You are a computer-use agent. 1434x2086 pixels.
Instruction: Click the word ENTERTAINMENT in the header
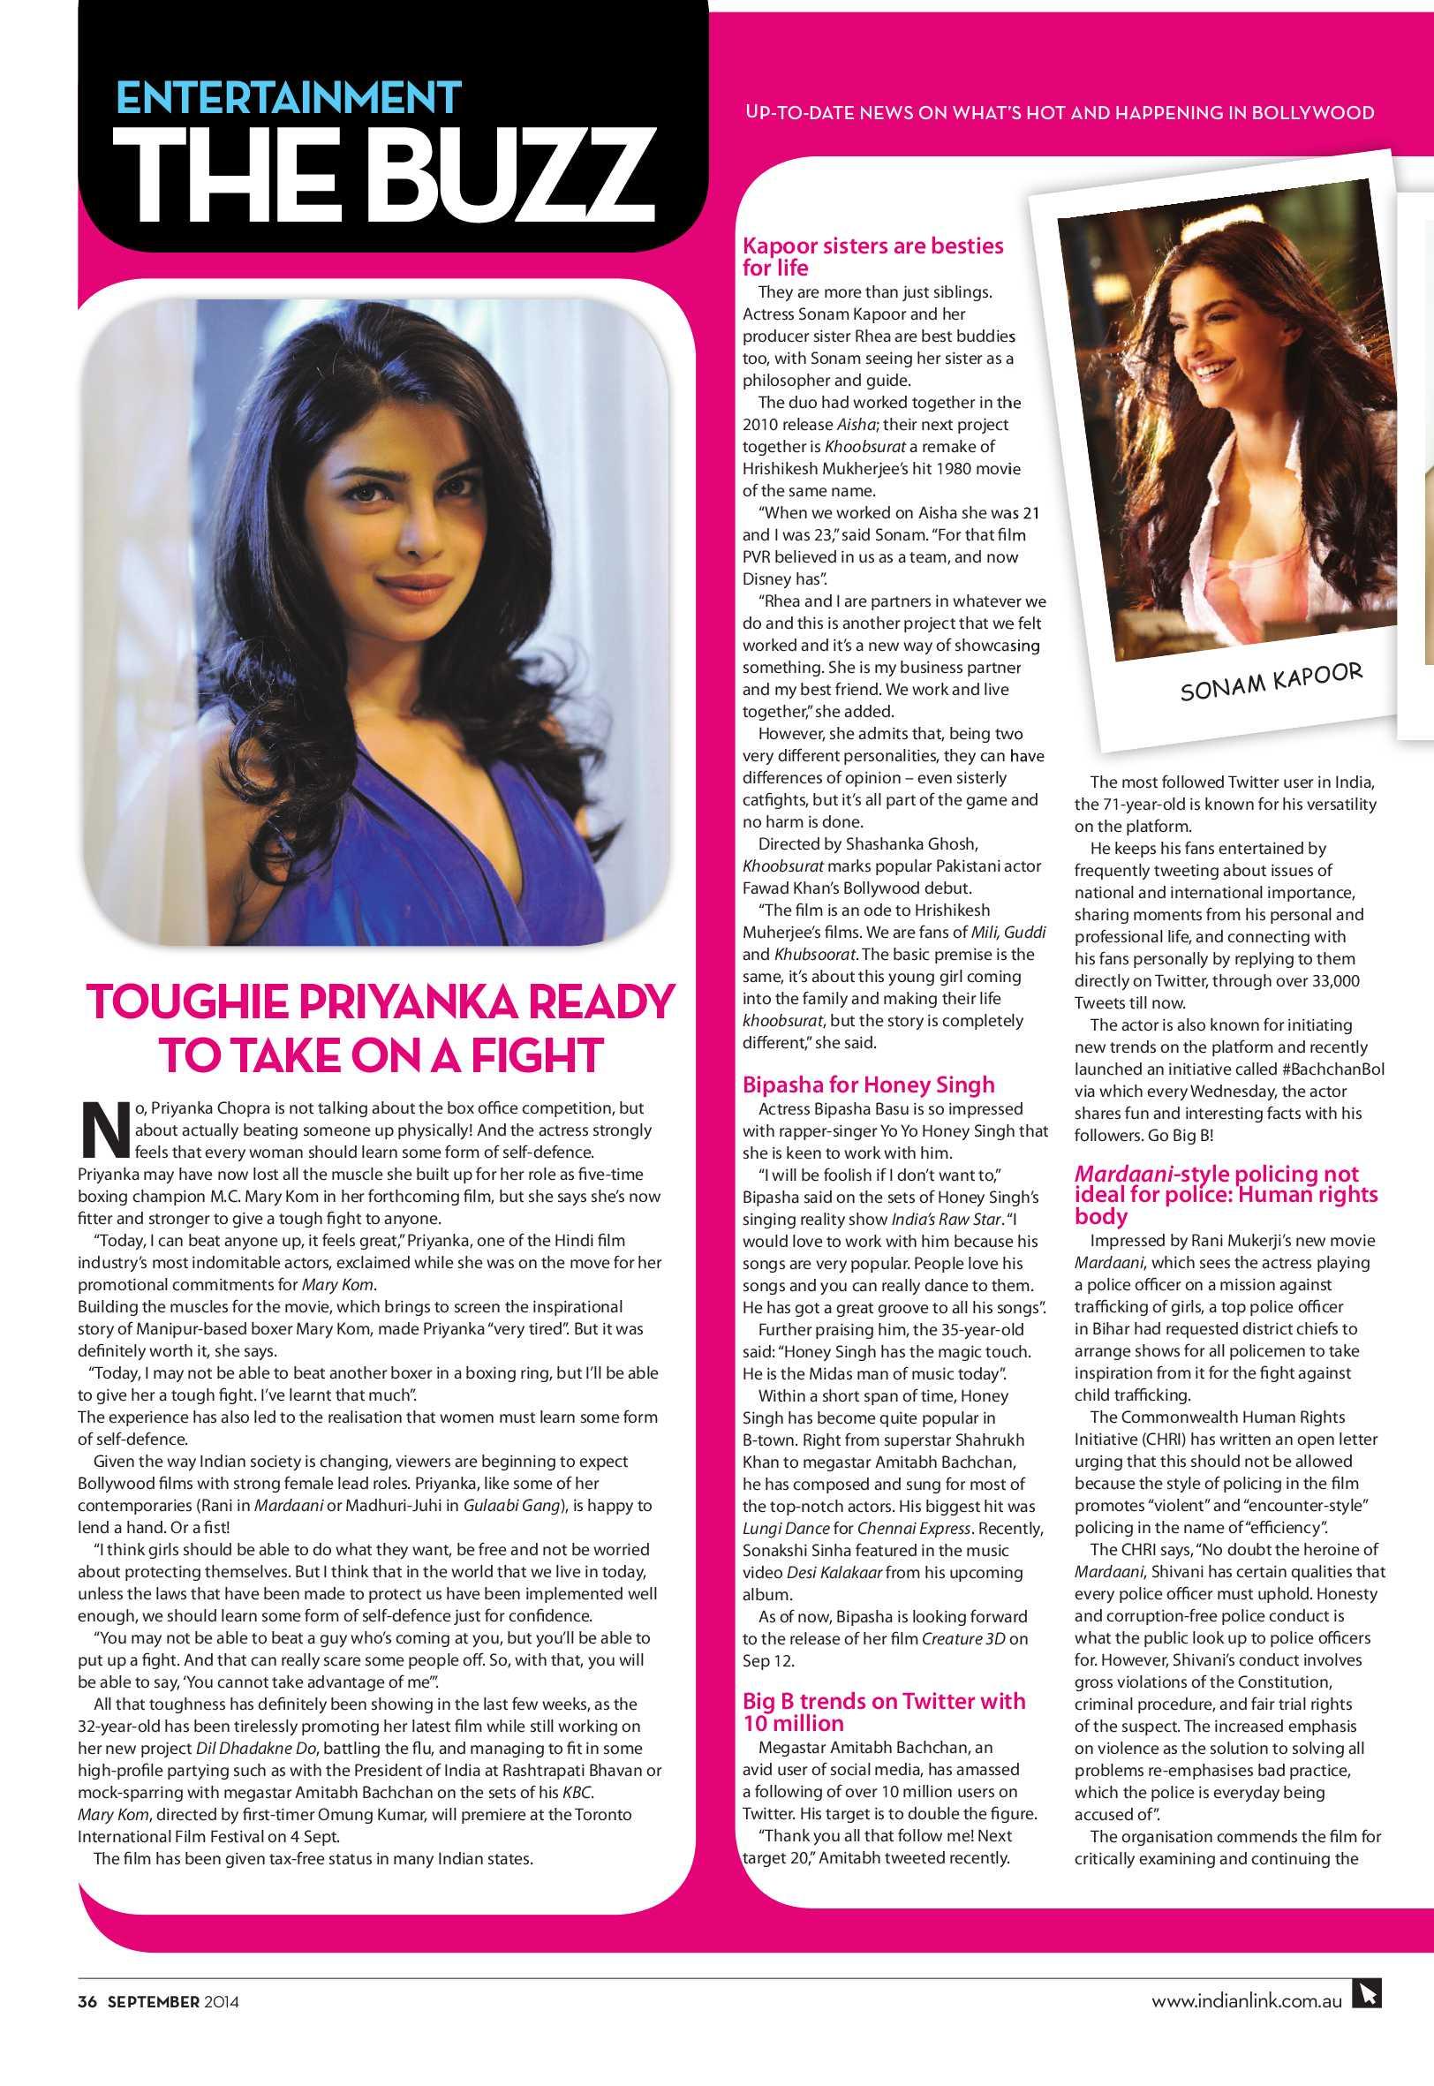tap(290, 99)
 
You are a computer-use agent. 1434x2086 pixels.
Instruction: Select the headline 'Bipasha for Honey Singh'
tap(868, 1085)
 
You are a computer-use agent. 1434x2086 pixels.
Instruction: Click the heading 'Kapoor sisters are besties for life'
tap(872, 257)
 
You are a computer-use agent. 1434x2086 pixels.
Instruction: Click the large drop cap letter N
tap(102, 1127)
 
